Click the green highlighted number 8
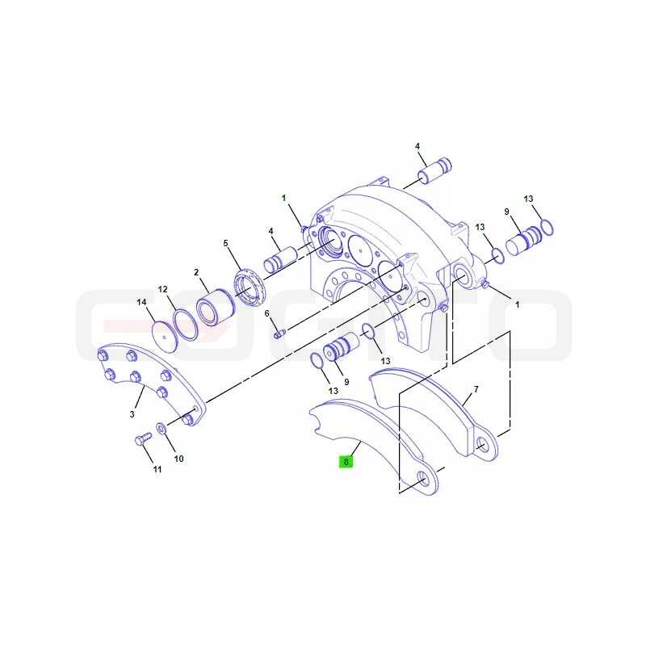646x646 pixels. pyautogui.click(x=346, y=462)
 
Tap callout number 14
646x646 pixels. pyautogui.click(x=141, y=302)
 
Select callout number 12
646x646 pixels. pyautogui.click(x=163, y=289)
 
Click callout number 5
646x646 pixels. pyautogui.click(x=225, y=243)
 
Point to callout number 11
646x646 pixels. pyautogui.click(x=157, y=469)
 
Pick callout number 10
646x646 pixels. pyautogui.click(x=178, y=459)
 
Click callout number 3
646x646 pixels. pyautogui.click(x=132, y=414)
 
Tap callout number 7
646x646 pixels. pyautogui.click(x=476, y=389)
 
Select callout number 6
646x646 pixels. pyautogui.click(x=267, y=313)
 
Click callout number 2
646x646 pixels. pyautogui.click(x=196, y=272)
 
